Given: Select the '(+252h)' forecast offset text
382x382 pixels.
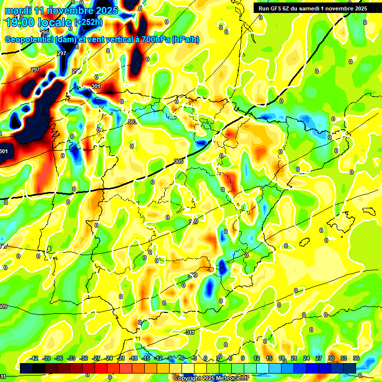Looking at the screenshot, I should click(88, 22).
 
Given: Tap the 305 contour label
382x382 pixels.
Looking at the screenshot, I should click(179, 161).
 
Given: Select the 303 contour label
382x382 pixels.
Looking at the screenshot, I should click(132, 122).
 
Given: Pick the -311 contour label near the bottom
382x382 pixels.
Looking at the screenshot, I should click(190, 332).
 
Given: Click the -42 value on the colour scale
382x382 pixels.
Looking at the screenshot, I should click(34, 358).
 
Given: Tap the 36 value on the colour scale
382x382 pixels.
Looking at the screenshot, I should click(356, 358).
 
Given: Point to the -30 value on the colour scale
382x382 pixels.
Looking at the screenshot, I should click(84, 358).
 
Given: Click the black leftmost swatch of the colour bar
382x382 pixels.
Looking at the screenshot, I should click(26, 368).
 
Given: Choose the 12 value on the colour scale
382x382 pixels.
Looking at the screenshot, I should click(257, 358).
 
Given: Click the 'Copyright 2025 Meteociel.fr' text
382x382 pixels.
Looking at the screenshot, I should click(211, 378).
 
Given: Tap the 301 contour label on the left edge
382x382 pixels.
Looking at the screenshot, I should click(4, 151).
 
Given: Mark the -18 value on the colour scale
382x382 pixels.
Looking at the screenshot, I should click(133, 358).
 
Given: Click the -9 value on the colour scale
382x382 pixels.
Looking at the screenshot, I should click(171, 358).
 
